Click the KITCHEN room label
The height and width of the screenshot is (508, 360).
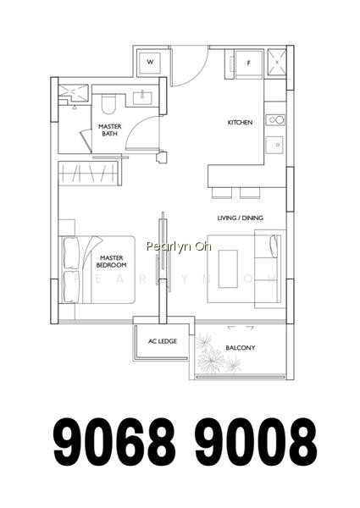(240, 123)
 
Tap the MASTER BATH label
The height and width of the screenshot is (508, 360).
(110, 130)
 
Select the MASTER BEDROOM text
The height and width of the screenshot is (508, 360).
(112, 262)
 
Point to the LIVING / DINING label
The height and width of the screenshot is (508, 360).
(240, 218)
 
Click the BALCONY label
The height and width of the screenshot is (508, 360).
(240, 348)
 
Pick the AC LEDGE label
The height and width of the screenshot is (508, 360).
(163, 341)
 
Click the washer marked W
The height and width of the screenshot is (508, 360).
(150, 62)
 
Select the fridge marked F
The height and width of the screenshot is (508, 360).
(248, 64)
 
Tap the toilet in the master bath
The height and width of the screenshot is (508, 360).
(108, 103)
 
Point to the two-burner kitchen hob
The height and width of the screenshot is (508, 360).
(275, 120)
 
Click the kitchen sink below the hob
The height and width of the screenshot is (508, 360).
(274, 145)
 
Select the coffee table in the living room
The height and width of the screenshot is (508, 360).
(228, 268)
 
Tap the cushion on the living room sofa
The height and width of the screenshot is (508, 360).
(274, 246)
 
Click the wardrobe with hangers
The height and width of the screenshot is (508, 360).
(90, 173)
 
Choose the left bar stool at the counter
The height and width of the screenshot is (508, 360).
(222, 193)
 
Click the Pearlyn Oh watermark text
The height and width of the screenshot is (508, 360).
(179, 246)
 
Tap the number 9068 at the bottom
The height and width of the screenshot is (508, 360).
(114, 442)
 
